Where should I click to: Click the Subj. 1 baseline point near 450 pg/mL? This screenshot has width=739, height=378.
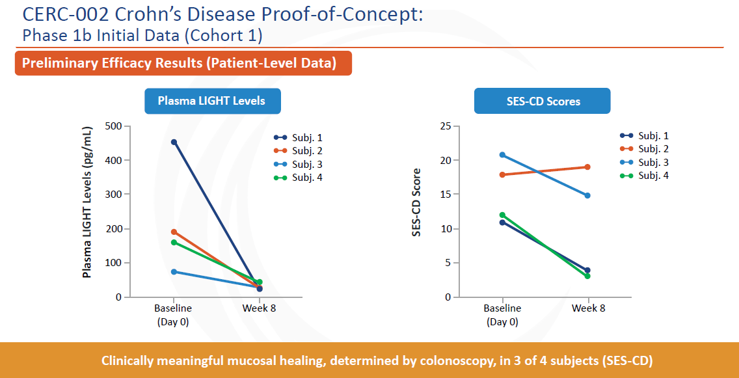(x=174, y=142)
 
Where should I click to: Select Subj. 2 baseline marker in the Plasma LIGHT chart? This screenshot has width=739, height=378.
(x=174, y=232)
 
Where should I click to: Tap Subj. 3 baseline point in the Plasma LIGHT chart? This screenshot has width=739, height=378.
(x=174, y=272)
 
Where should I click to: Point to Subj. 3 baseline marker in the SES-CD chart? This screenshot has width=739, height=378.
(x=502, y=155)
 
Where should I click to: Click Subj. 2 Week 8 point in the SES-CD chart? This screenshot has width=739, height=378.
(x=587, y=167)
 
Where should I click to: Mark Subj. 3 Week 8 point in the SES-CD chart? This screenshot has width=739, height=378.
(x=587, y=196)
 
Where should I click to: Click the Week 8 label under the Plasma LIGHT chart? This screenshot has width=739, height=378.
(x=259, y=309)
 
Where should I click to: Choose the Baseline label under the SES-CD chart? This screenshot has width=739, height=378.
(x=502, y=309)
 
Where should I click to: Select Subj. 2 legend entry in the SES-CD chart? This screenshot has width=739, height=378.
(x=644, y=149)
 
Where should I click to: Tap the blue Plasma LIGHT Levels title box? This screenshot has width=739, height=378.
(x=213, y=101)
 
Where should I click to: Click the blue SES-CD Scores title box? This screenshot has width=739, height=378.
(x=542, y=101)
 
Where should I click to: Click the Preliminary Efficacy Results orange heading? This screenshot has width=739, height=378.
(x=183, y=63)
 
